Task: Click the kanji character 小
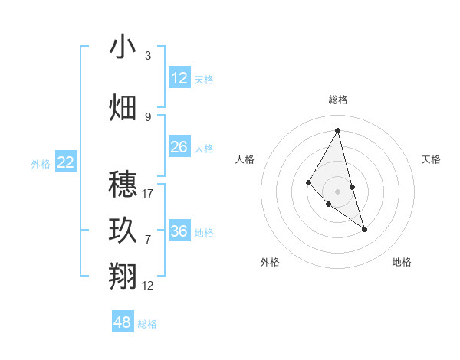click(x=123, y=47)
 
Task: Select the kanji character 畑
click(x=123, y=107)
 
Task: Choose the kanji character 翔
click(x=123, y=275)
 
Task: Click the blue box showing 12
click(x=179, y=78)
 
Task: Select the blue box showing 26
click(x=179, y=147)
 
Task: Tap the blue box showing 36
click(x=179, y=231)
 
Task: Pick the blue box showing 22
click(x=66, y=162)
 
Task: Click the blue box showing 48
click(x=123, y=322)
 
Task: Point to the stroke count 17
click(x=148, y=194)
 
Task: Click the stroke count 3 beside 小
click(x=148, y=56)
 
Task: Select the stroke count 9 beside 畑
click(x=148, y=116)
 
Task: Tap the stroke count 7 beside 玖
click(x=148, y=240)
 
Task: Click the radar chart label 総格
click(x=338, y=100)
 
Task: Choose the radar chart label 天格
click(x=431, y=159)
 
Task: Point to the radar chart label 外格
click(x=270, y=262)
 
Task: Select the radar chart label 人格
click(x=245, y=159)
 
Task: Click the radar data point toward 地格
click(x=364, y=229)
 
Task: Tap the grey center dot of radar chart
click(x=337, y=191)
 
